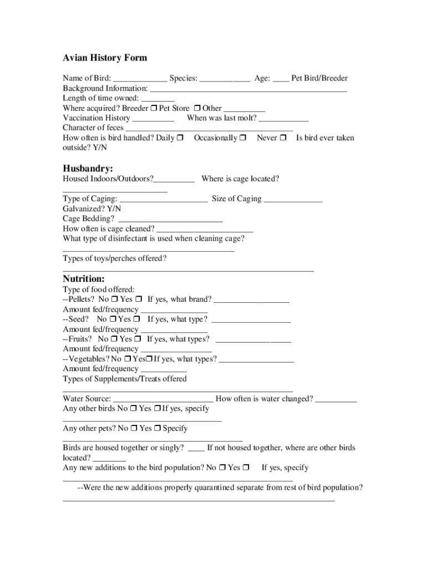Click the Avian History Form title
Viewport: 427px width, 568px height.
[105, 58]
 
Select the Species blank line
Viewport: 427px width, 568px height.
[225, 79]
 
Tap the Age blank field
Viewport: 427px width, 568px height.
[281, 79]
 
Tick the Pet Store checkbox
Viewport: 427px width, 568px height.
[197, 108]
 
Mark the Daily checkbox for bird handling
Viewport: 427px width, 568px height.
[180, 138]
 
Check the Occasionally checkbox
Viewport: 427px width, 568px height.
[243, 138]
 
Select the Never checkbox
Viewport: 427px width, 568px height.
[283, 138]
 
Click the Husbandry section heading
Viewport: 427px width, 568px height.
[88, 168]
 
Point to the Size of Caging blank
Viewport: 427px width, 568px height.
[293, 199]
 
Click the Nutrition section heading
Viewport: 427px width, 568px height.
[84, 278]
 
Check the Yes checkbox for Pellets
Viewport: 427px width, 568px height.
[139, 300]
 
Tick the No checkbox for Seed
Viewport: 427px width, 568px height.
[113, 319]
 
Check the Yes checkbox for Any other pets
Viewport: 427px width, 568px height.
[157, 428]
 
